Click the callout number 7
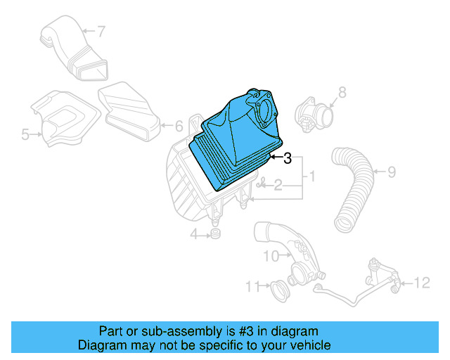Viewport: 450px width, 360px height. coord(101,31)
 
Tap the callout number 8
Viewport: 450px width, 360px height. coord(342,92)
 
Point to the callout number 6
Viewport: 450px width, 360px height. coord(178,126)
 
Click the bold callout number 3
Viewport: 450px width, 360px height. coord(287,159)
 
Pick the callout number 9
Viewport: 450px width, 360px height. coord(392,171)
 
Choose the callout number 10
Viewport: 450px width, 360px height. coord(271,257)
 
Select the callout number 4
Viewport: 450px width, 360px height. coord(193,233)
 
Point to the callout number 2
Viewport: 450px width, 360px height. coord(278,186)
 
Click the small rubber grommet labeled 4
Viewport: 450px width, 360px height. coord(214,233)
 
